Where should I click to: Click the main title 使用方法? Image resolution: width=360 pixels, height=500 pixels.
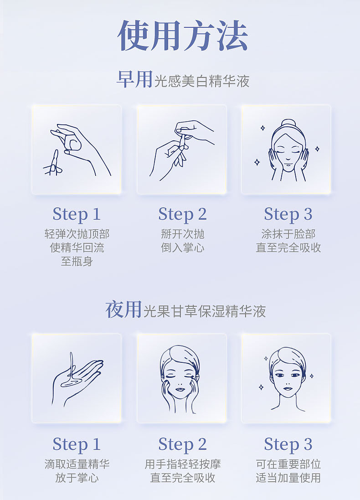pos(182,36)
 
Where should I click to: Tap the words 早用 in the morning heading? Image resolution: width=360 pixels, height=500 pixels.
pos(134,79)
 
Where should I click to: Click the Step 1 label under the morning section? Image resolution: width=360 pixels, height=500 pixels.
pos(77,214)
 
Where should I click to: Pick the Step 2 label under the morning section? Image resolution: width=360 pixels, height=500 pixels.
pos(182,214)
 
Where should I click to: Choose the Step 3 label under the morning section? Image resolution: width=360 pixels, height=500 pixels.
pos(288,214)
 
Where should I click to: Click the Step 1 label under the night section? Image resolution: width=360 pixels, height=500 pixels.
pos(77,444)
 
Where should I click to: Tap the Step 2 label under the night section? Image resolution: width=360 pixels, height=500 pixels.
pos(182,444)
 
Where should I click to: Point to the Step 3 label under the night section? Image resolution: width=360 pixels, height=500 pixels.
pos(288,444)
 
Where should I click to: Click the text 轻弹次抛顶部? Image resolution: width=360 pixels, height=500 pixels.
pos(77,234)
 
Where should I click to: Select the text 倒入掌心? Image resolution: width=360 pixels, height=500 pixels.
pos(182,248)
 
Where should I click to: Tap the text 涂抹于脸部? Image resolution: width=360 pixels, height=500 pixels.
pos(288,234)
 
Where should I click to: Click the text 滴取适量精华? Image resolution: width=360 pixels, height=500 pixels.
pos(77,464)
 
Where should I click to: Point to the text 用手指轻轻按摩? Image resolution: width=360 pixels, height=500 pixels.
pos(182,464)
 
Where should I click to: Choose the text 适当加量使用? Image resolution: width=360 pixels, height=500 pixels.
pos(288,478)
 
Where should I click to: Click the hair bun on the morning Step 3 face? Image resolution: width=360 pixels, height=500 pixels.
pos(288,124)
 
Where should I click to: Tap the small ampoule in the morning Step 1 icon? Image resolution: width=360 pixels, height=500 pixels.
pos(55,162)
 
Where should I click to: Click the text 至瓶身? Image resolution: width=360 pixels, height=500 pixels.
pos(77,262)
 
